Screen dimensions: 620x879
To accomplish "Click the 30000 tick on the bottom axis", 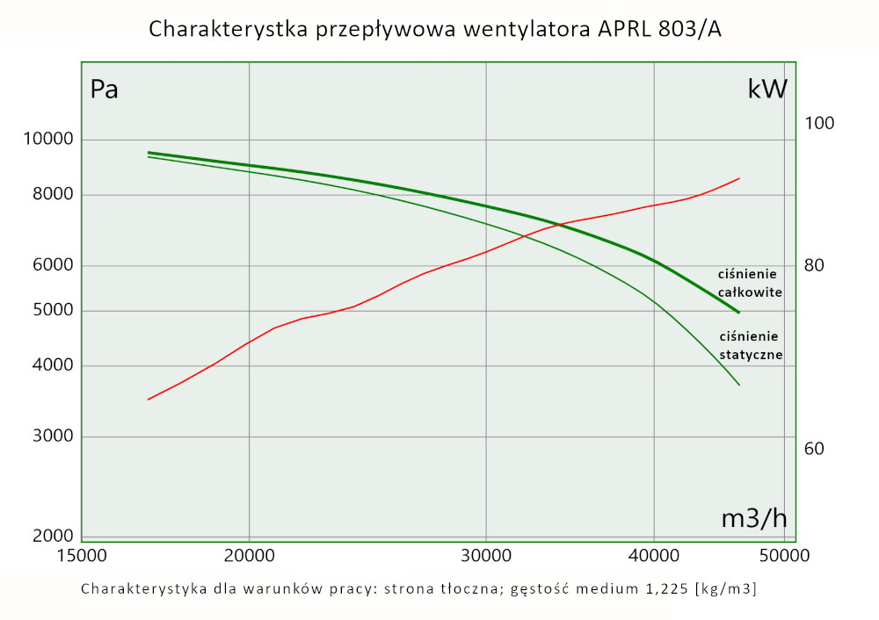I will pos(486,556).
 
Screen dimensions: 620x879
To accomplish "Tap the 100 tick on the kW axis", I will pos(819,123).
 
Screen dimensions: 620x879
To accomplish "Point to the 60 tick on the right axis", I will pos(814,449).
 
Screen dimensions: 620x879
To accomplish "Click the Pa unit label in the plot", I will pos(104,90).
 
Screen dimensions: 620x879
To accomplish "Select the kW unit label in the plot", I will pos(767,90).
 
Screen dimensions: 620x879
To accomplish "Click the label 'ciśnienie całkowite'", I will pos(750,283).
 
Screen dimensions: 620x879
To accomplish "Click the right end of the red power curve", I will pos(739,178).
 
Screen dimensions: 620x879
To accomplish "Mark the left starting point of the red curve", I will pos(148,400).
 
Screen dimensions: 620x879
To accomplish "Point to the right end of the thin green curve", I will pos(739,385).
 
